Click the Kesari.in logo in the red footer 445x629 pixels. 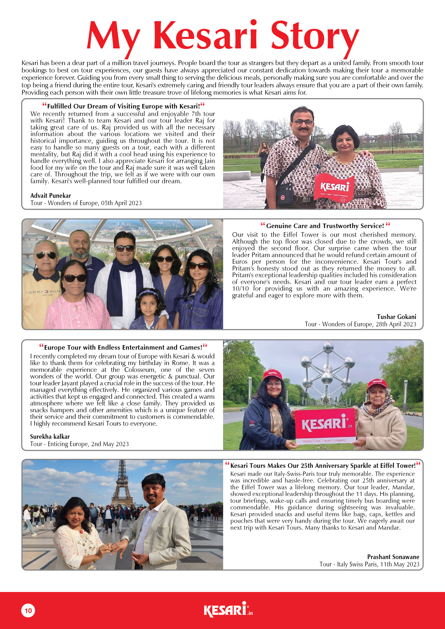[x=228, y=610]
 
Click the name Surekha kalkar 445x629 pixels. [x=50, y=437]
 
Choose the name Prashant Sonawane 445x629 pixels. [x=393, y=557]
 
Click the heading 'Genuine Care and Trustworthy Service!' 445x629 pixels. [x=325, y=226]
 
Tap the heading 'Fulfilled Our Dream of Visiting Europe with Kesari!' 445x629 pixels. [x=123, y=106]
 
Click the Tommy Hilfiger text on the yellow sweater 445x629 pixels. [x=43, y=292]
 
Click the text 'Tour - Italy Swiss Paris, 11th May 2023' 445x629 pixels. [x=369, y=564]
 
